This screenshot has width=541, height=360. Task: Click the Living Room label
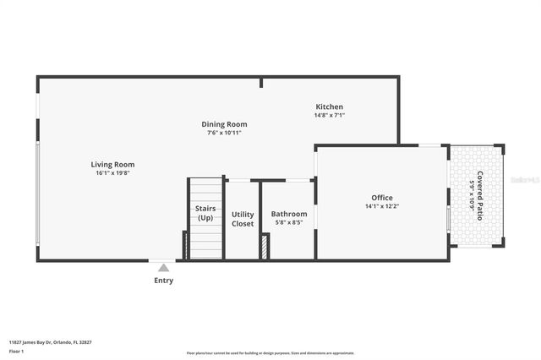pyautogui.click(x=112, y=165)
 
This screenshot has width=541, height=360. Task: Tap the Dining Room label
pyautogui.click(x=224, y=124)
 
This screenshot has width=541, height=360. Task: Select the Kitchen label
pyautogui.click(x=330, y=106)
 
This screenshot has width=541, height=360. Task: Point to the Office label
pyautogui.click(x=382, y=198)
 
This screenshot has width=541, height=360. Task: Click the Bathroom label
pyautogui.click(x=289, y=215)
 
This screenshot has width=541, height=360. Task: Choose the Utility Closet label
pyautogui.click(x=243, y=219)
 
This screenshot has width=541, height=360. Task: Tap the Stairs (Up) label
pyautogui.click(x=205, y=213)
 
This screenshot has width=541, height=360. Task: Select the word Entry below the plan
pyautogui.click(x=163, y=281)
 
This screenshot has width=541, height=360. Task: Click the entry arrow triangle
pyautogui.click(x=163, y=267)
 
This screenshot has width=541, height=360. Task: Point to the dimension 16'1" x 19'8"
pyautogui.click(x=112, y=173)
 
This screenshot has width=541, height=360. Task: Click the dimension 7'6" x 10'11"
pyautogui.click(x=224, y=133)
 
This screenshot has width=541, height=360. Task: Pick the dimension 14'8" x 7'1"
pyautogui.click(x=330, y=115)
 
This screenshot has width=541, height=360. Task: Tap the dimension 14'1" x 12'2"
pyautogui.click(x=382, y=206)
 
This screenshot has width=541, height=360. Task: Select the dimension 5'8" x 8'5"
pyautogui.click(x=289, y=224)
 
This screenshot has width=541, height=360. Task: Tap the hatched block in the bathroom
pyautogui.click(x=265, y=247)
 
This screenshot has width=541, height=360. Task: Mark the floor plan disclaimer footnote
pyautogui.click(x=270, y=353)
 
